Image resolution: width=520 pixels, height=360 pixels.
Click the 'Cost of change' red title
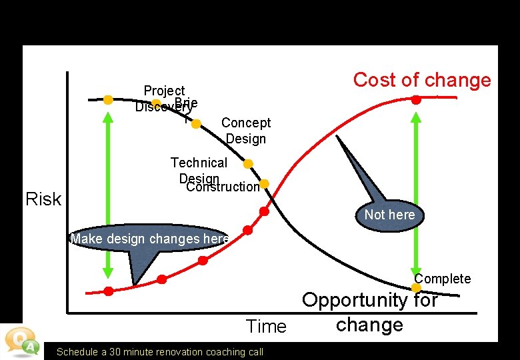click(421, 80)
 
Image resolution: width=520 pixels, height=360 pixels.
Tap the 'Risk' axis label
click(43, 199)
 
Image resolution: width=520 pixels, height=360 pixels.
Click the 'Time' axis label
click(266, 326)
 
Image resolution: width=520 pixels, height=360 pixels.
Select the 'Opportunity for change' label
click(370, 312)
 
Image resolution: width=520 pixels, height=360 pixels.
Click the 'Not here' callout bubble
click(389, 214)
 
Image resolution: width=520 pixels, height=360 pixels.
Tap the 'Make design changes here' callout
click(149, 239)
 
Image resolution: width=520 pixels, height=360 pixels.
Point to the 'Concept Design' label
click(246, 131)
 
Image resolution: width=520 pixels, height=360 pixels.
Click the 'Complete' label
click(442, 279)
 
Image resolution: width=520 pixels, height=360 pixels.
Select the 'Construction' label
click(223, 187)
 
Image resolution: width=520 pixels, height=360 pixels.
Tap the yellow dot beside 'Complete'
click(416, 288)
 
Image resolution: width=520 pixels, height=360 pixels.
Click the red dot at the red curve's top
click(415, 100)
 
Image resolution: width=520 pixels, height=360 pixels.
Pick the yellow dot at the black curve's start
click(108, 99)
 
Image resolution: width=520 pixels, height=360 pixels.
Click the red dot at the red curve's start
click(109, 291)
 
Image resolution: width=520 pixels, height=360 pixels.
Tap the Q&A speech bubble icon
click(21, 341)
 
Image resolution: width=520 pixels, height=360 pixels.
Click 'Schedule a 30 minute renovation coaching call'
click(160, 352)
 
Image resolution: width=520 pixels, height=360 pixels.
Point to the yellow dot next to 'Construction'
click(264, 183)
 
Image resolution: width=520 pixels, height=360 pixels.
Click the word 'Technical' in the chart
click(199, 163)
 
